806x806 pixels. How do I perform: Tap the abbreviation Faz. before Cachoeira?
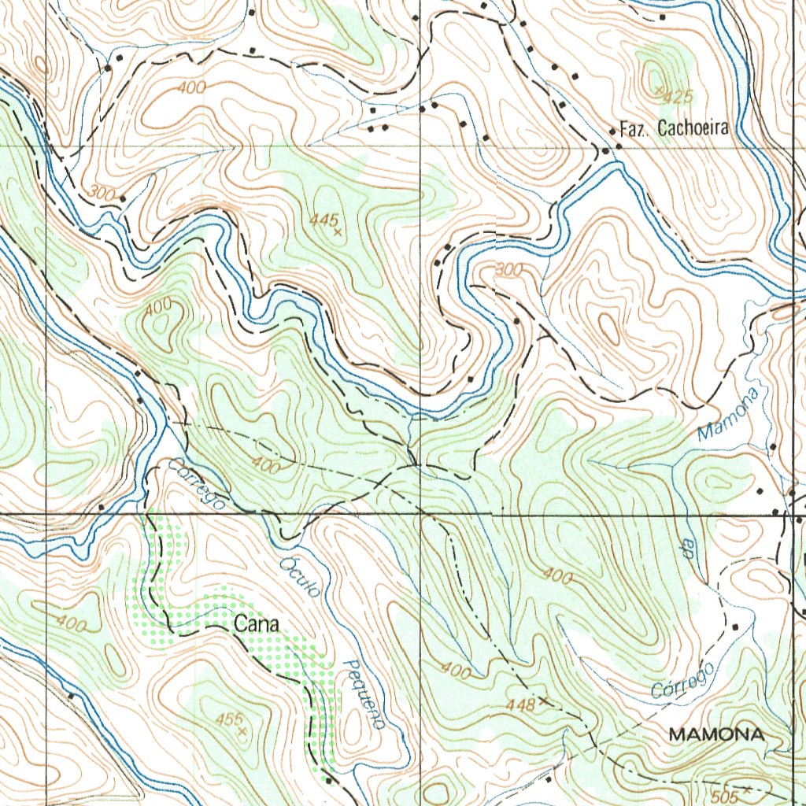(634, 129)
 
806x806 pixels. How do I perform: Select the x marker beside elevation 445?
(338, 232)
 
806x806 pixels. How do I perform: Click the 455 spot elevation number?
(227, 719)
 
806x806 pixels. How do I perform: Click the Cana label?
(257, 624)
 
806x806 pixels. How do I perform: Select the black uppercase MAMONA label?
(715, 734)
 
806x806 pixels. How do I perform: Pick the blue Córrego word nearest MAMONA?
(685, 681)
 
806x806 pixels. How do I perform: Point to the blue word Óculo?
(300, 577)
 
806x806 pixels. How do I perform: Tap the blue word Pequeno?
(363, 693)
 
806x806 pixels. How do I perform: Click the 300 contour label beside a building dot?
(102, 192)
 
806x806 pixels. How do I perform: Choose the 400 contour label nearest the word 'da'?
(556, 576)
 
